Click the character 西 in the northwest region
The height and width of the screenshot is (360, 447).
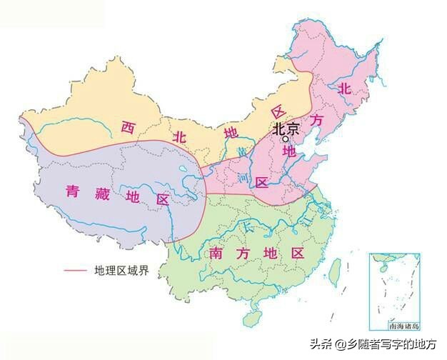pyautogui.click(x=128, y=128)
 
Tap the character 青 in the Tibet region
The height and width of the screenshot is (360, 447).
pyautogui.click(x=74, y=191)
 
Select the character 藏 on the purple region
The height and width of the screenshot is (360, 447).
pyautogui.click(x=102, y=194)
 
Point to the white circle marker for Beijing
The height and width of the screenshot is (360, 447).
pyautogui.click(x=286, y=140)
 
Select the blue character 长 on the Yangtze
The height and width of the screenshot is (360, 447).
pyautogui.click(x=247, y=227)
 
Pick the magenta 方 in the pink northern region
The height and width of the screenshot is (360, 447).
pyautogui.click(x=317, y=121)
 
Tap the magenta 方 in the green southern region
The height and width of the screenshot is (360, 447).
pyautogui.click(x=243, y=254)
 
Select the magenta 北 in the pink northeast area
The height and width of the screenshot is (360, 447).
pyautogui.click(x=344, y=89)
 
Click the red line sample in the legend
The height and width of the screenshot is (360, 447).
pyautogui.click(x=76, y=271)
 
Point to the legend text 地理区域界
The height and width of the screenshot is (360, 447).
pyautogui.click(x=121, y=271)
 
